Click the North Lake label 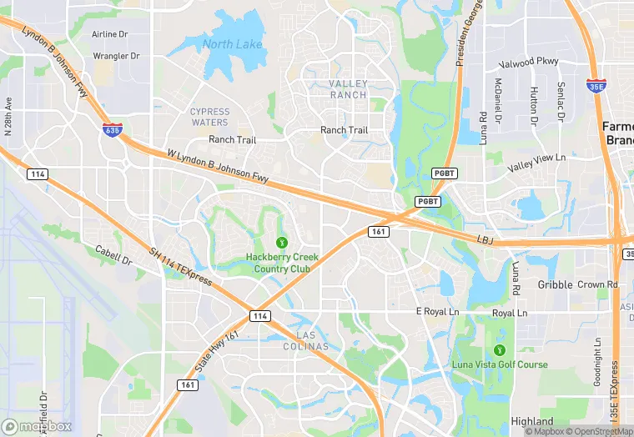coord(232,44)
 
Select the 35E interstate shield coord(596,85)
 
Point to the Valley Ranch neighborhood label coord(347,89)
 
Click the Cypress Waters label coord(209,117)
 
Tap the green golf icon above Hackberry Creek coord(282,242)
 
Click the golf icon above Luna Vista coord(500,349)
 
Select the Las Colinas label coord(306,340)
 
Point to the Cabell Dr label coord(113,255)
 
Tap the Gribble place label coord(556,284)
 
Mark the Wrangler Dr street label coord(116,56)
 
